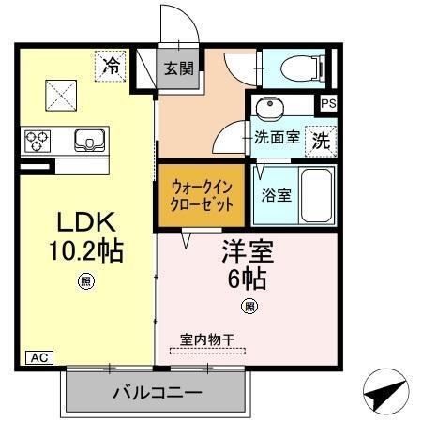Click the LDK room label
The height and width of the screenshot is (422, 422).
(x=86, y=223)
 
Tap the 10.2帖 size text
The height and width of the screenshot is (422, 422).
(x=86, y=251)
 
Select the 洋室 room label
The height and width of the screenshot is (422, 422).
(x=247, y=252)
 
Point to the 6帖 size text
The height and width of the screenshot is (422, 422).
(x=247, y=279)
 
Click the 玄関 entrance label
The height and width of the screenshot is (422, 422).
(x=178, y=68)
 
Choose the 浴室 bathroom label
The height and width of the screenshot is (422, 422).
(x=276, y=196)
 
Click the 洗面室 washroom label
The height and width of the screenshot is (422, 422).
(x=278, y=138)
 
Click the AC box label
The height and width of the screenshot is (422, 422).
(x=40, y=357)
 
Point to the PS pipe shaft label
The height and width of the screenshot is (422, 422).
(x=328, y=104)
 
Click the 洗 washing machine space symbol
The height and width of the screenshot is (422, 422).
(x=321, y=141)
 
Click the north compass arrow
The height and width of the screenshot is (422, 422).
(x=385, y=393)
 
